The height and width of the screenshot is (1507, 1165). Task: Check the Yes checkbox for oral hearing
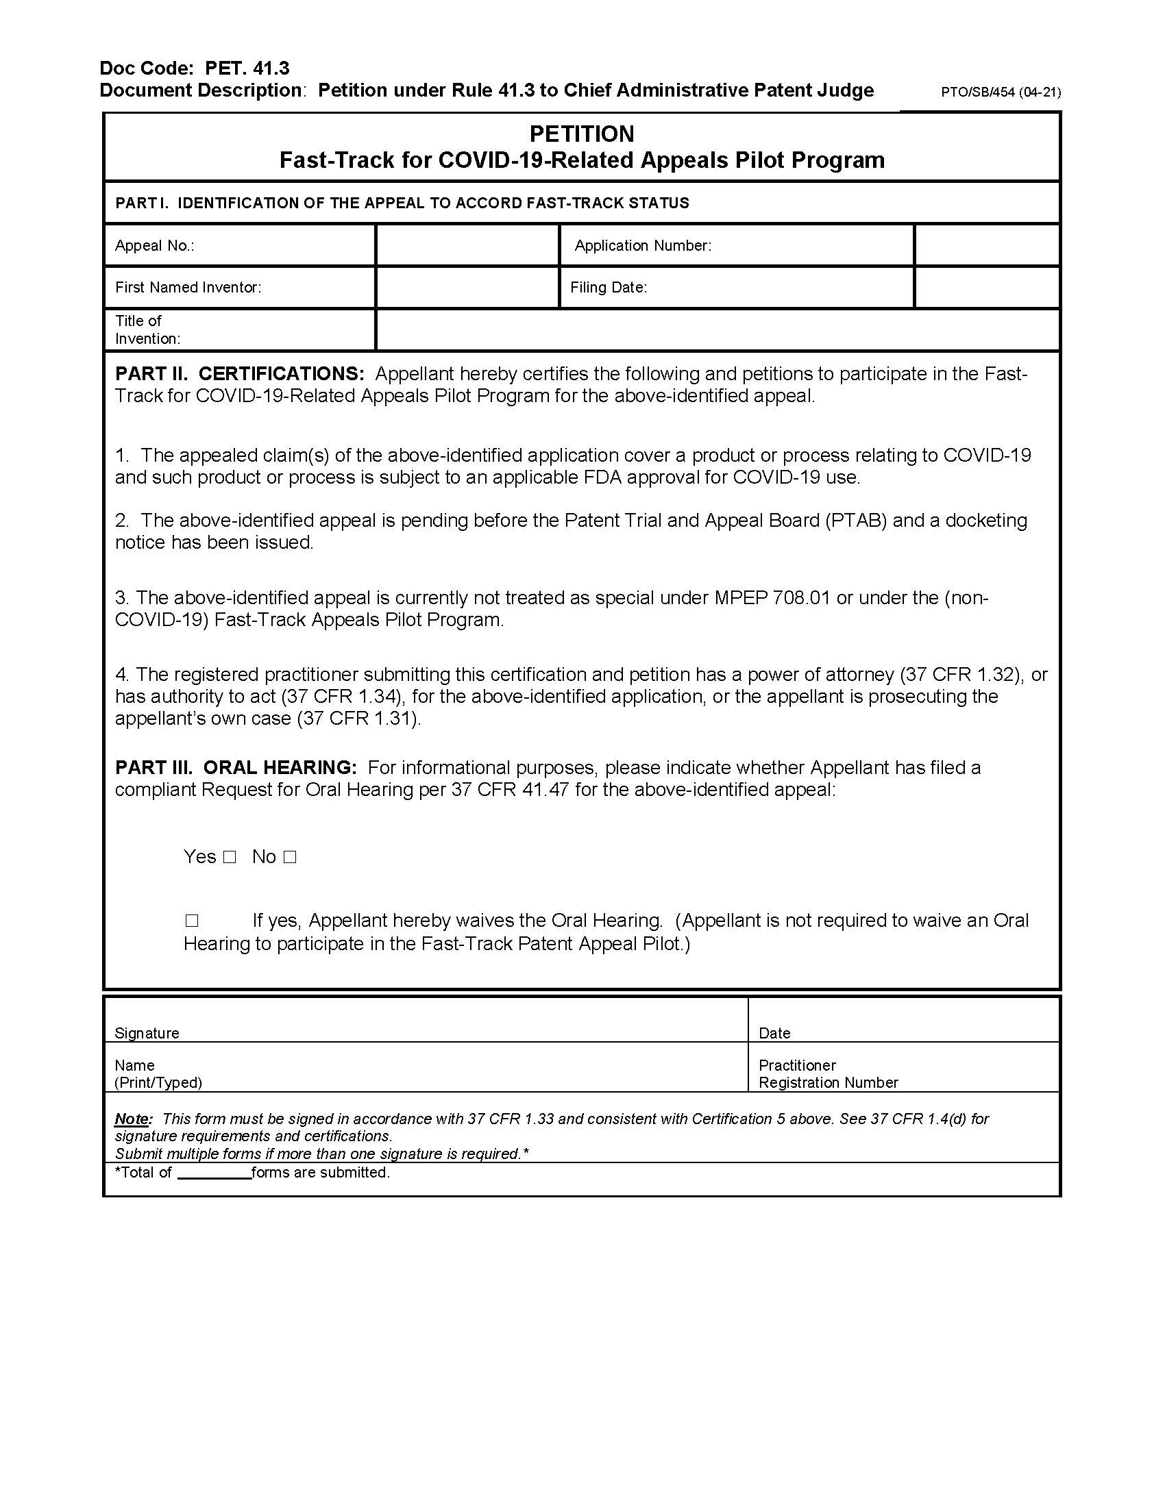click(230, 858)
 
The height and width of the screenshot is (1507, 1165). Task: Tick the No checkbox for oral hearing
click(290, 858)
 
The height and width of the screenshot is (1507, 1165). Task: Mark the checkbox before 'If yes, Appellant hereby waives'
click(192, 921)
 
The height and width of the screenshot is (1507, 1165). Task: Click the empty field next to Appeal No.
click(467, 245)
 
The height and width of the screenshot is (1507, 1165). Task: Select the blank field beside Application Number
click(986, 245)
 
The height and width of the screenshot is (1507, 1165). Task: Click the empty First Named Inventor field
click(467, 287)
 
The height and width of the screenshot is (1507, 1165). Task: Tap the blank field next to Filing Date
click(986, 287)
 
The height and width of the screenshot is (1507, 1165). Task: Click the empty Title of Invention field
click(718, 330)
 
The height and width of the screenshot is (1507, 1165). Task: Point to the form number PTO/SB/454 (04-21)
click(1001, 92)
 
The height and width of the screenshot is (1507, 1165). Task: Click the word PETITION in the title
click(581, 134)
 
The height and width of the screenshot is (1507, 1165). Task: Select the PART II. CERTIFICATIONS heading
click(239, 374)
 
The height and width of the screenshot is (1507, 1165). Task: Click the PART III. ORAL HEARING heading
click(235, 768)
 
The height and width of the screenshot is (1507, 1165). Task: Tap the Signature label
click(147, 1033)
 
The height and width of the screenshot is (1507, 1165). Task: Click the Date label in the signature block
click(774, 1033)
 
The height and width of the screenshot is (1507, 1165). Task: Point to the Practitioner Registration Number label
click(828, 1073)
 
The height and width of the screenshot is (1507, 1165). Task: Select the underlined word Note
click(131, 1119)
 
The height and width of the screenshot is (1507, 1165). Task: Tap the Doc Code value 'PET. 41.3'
click(247, 68)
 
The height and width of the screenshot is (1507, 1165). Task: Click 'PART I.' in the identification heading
click(141, 203)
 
